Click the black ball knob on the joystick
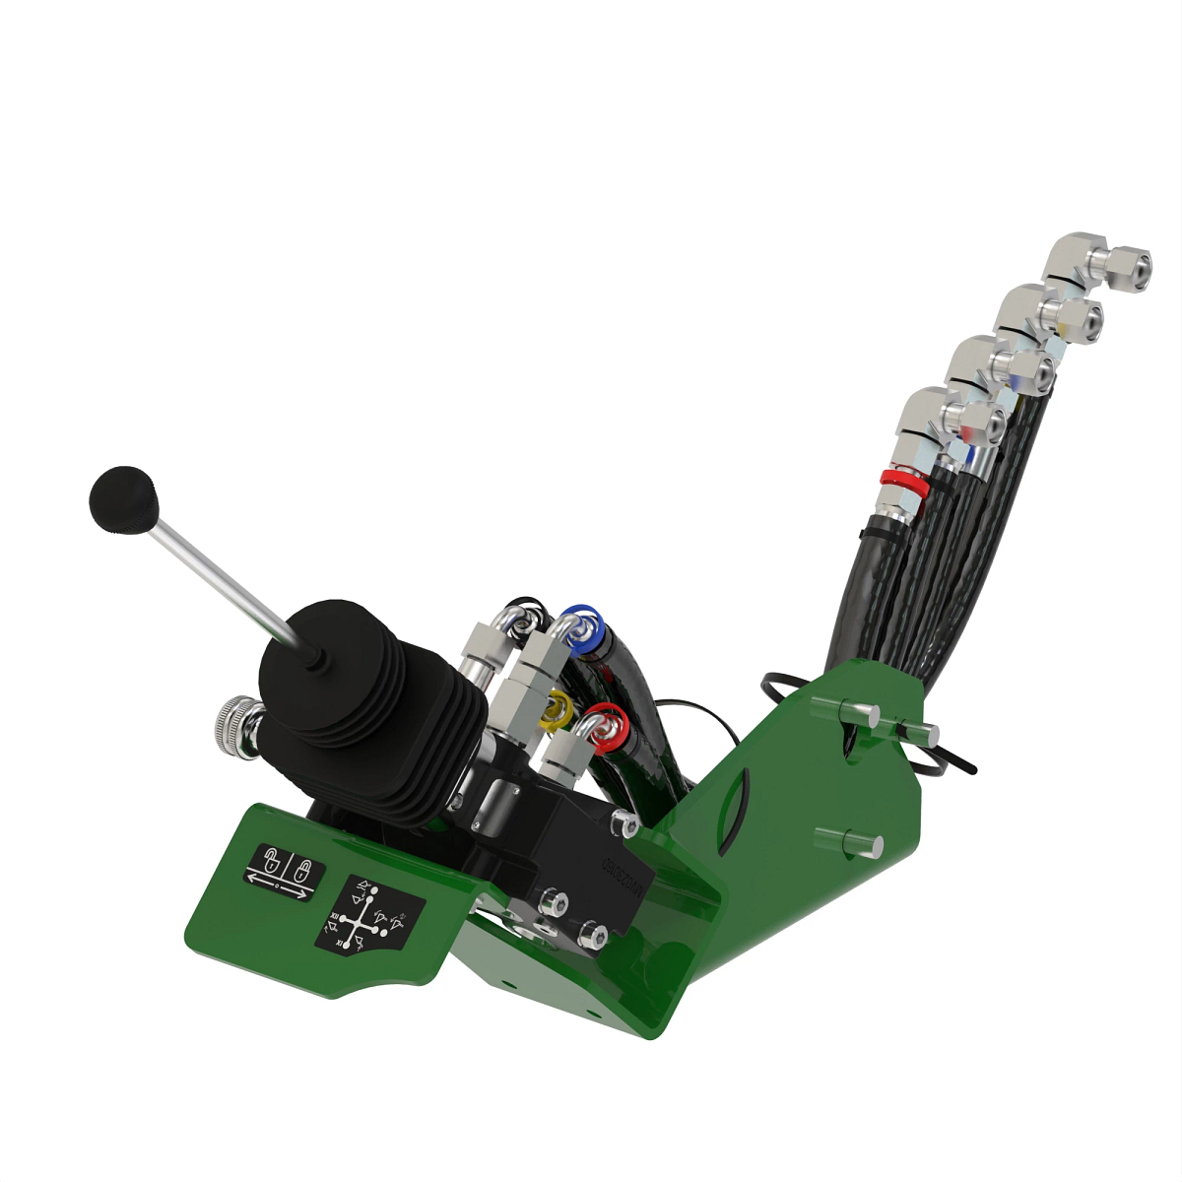(x=124, y=500)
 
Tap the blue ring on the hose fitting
(x=583, y=626)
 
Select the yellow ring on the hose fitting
(x=558, y=705)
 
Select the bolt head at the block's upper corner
(x=625, y=822)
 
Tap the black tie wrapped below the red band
(x=872, y=533)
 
